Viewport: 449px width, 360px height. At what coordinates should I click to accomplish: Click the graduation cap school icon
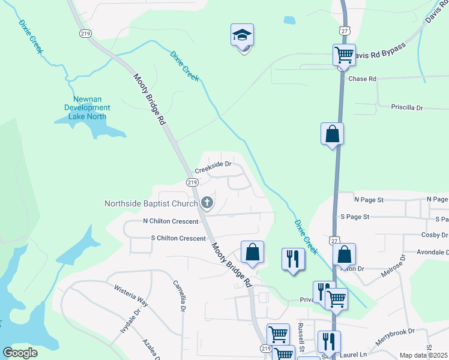click(x=242, y=35)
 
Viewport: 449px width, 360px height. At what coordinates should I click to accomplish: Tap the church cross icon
click(x=207, y=203)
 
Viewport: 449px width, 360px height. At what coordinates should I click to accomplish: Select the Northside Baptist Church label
click(x=151, y=203)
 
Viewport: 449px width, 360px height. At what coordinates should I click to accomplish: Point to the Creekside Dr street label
click(x=213, y=164)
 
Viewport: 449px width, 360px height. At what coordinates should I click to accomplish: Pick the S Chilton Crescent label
click(x=178, y=238)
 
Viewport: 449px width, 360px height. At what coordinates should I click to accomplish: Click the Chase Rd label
click(x=362, y=79)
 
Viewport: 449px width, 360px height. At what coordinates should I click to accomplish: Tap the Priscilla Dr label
click(x=407, y=108)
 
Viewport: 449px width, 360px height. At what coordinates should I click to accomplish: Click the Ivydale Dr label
click(x=133, y=321)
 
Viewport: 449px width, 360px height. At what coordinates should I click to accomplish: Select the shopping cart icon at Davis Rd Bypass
click(x=345, y=55)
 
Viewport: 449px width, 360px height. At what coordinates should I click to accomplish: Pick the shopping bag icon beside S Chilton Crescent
click(x=253, y=252)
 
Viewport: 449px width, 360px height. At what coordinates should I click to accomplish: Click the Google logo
click(x=20, y=353)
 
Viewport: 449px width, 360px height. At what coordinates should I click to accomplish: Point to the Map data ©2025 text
click(x=423, y=355)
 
